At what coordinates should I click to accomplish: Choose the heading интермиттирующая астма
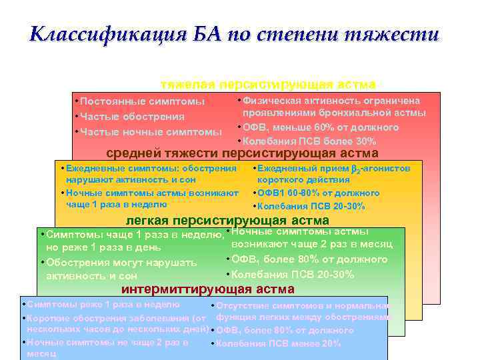(207, 289)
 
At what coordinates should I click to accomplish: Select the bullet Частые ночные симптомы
(151, 131)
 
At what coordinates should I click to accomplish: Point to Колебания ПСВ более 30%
(309, 141)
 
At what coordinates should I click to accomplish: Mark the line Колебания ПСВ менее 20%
(278, 343)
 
